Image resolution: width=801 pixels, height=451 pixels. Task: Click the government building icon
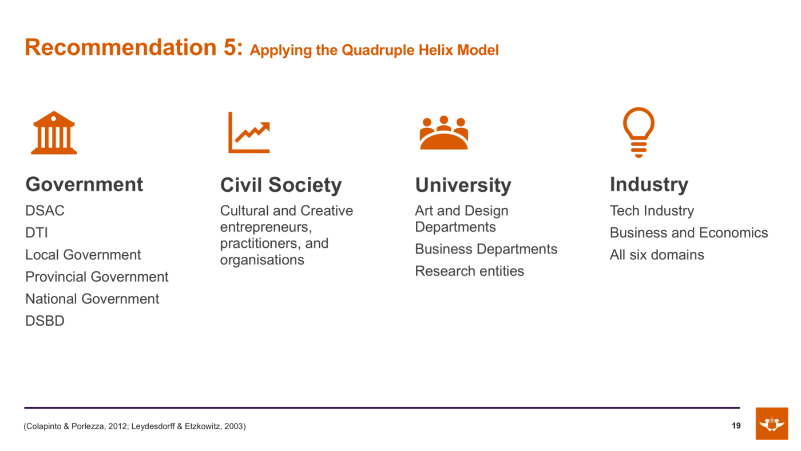click(x=54, y=133)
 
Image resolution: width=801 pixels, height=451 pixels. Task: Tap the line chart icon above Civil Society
click(x=249, y=132)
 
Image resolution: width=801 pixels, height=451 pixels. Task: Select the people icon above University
click(x=444, y=132)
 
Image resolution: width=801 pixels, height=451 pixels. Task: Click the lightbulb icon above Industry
click(x=639, y=132)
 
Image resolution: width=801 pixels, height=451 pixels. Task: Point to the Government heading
click(x=84, y=184)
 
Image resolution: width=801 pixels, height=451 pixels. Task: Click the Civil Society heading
click(x=281, y=185)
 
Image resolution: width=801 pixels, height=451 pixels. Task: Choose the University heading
click(x=463, y=185)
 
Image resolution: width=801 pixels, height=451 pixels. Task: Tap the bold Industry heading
click(x=649, y=184)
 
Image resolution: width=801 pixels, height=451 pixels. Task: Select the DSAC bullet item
click(x=45, y=211)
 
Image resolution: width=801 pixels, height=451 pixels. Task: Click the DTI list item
click(x=37, y=233)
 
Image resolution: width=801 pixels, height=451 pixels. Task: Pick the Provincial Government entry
click(x=97, y=277)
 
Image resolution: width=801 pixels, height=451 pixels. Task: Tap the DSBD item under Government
click(x=45, y=321)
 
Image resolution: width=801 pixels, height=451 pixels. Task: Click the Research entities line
click(x=470, y=271)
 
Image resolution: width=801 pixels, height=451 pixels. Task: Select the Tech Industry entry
click(x=652, y=211)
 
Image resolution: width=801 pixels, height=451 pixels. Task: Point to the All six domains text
click(x=657, y=255)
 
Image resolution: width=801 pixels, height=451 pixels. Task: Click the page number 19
click(x=736, y=426)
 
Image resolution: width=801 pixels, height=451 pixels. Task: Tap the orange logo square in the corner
click(x=772, y=424)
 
